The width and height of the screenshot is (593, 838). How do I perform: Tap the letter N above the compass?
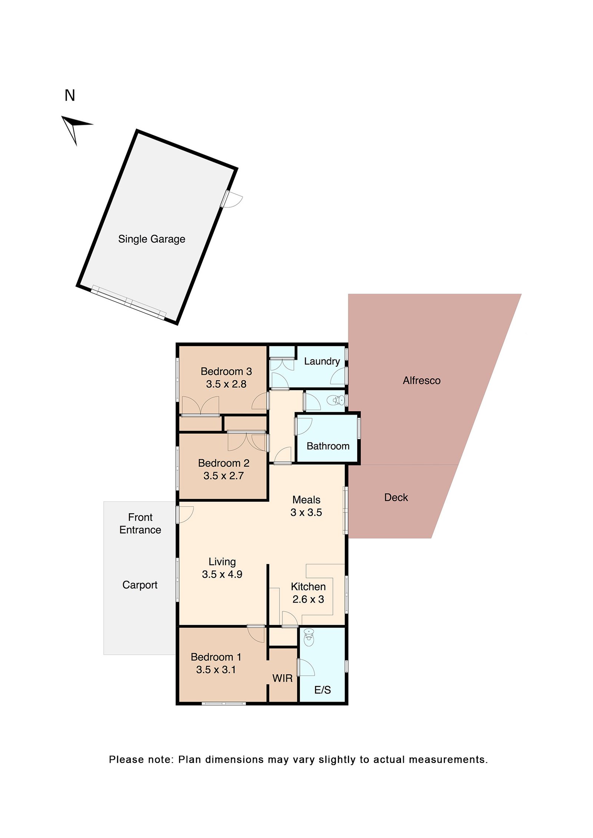[70, 96]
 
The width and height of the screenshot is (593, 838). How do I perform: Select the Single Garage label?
[152, 239]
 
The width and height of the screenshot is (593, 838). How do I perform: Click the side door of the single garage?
[231, 199]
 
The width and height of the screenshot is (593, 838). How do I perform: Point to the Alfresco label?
[421, 381]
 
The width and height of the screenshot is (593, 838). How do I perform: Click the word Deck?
[396, 497]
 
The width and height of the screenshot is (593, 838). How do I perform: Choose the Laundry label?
[322, 361]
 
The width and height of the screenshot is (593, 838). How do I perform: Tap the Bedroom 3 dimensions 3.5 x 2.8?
[226, 384]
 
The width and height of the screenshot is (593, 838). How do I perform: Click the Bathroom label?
[328, 446]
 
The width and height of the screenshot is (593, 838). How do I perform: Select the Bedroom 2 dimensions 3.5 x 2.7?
[223, 475]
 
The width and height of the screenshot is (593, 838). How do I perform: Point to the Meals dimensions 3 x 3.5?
[306, 513]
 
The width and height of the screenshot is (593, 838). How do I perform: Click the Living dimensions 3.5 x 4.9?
[222, 574]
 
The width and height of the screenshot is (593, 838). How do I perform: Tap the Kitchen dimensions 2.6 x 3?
[308, 599]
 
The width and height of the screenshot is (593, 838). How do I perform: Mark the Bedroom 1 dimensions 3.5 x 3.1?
[216, 670]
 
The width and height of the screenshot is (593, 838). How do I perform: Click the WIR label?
[282, 678]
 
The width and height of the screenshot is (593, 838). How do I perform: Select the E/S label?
[322, 690]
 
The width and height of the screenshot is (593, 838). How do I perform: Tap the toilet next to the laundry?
[338, 400]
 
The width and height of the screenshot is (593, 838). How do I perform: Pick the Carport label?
[140, 585]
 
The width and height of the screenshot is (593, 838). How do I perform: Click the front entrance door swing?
[185, 515]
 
